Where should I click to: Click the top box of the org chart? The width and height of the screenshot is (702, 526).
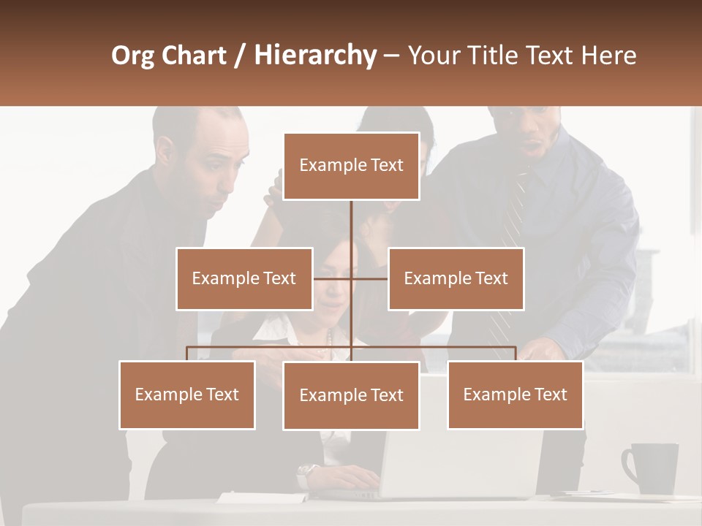click(x=351, y=166)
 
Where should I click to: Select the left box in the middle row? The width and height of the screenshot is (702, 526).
click(x=244, y=278)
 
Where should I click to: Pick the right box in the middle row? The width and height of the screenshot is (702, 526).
click(x=456, y=278)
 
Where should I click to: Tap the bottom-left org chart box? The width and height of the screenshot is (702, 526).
click(x=187, y=394)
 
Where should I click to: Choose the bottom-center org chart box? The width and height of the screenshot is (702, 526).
click(x=351, y=395)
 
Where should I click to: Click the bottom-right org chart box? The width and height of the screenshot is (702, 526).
click(x=515, y=394)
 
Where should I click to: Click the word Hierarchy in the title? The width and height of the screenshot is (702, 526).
click(x=314, y=56)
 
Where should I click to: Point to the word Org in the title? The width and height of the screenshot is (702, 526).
click(x=132, y=56)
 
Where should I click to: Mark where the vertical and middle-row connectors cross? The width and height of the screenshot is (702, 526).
click(x=351, y=278)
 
